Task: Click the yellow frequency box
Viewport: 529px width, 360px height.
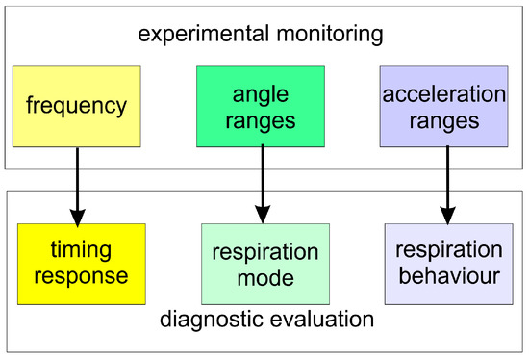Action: tap(77, 107)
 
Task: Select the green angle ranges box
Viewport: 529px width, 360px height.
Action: tap(261, 107)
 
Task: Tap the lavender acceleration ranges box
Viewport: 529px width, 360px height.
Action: tap(444, 107)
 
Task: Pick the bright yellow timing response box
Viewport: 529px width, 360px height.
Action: tap(82, 264)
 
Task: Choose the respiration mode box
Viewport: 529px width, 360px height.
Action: tap(265, 264)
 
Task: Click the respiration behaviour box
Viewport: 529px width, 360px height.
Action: tap(449, 264)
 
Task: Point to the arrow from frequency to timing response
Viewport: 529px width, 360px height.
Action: tap(78, 187)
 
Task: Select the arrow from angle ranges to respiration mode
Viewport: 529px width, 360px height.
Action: tap(263, 184)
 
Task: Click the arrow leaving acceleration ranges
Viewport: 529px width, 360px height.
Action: tap(447, 185)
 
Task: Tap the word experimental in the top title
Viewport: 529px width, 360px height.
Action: tap(204, 35)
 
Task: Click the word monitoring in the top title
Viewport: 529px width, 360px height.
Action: tap(330, 35)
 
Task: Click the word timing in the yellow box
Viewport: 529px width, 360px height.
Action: tap(81, 250)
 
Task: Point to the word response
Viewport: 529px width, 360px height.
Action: tap(82, 277)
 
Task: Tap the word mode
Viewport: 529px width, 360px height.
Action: tap(265, 278)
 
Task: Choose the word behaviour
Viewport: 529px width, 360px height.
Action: tap(449, 276)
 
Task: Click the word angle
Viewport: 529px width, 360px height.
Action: tap(261, 95)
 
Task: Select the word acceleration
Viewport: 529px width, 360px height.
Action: tap(444, 94)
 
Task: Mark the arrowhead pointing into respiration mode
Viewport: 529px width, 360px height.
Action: tap(263, 214)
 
